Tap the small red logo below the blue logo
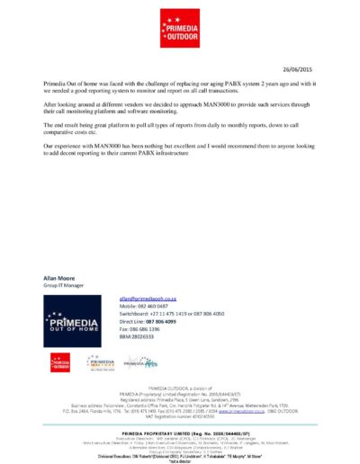[60, 362]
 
